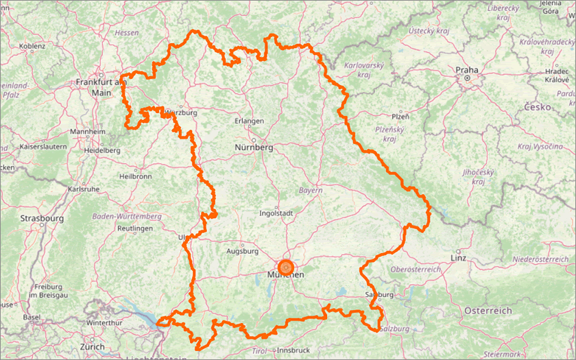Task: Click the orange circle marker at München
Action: pyautogui.click(x=286, y=267)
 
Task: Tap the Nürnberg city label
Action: pyautogui.click(x=254, y=147)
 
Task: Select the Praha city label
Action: pyautogui.click(x=466, y=70)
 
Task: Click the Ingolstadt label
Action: pyautogui.click(x=278, y=213)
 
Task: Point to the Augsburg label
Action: pyautogui.click(x=243, y=252)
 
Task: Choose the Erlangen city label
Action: pyautogui.click(x=249, y=121)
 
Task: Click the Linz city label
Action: pyautogui.click(x=459, y=258)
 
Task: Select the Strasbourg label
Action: pyautogui.click(x=42, y=219)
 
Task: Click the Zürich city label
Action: pyautogui.click(x=93, y=347)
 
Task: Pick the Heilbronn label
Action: pyautogui.click(x=135, y=176)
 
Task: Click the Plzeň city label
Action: pyautogui.click(x=400, y=117)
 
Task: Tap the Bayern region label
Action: pyautogui.click(x=311, y=190)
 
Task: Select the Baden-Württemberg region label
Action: pyautogui.click(x=127, y=216)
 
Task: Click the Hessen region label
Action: pyautogui.click(x=127, y=33)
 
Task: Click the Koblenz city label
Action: pyautogui.click(x=32, y=46)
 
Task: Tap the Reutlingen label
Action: pyautogui.click(x=134, y=228)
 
